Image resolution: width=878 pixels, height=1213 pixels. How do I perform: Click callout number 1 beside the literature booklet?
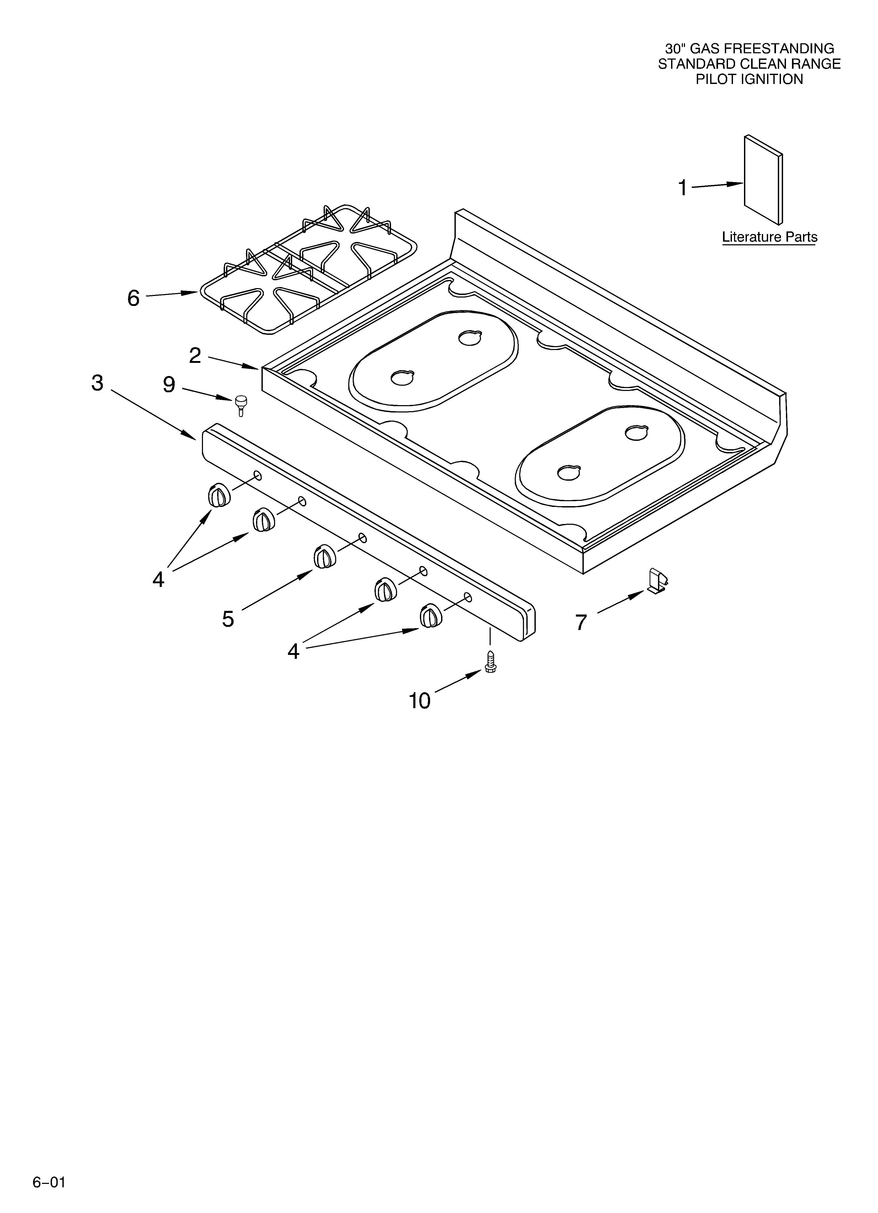pyautogui.click(x=682, y=188)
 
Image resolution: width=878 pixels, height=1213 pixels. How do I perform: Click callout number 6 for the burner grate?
pyautogui.click(x=133, y=298)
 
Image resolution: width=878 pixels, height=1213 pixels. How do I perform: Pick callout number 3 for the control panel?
pyautogui.click(x=97, y=383)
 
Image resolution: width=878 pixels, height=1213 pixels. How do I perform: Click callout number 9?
pyautogui.click(x=169, y=385)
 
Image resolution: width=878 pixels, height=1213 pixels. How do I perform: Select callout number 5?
pyautogui.click(x=228, y=619)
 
